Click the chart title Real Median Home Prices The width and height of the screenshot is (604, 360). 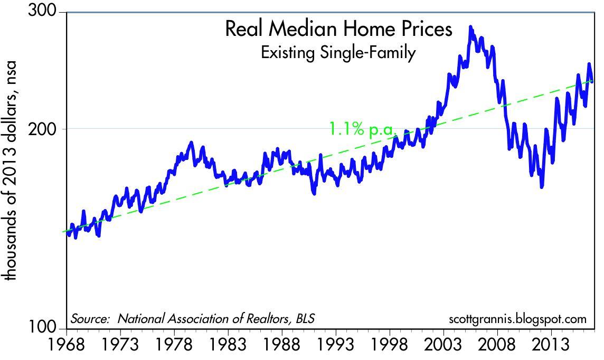pos(338,29)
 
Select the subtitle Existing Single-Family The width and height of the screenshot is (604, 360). pos(338,53)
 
